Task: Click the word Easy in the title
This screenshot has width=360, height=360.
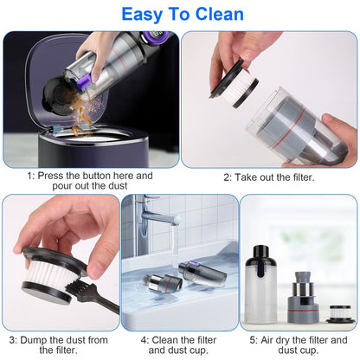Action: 145,15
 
